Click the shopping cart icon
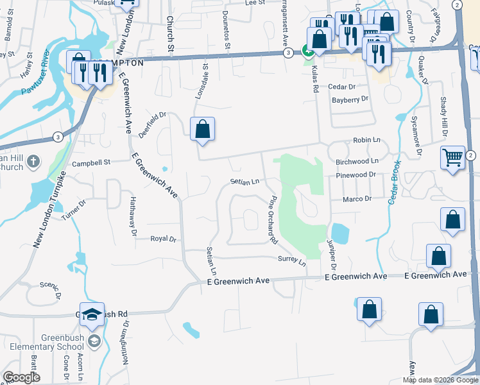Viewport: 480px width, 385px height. tap(452, 156)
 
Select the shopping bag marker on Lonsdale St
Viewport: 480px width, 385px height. tap(202, 128)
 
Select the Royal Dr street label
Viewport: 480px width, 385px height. tap(163, 239)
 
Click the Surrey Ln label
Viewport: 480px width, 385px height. tap(291, 261)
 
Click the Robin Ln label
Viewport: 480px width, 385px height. tap(366, 140)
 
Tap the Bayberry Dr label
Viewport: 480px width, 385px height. tap(350, 99)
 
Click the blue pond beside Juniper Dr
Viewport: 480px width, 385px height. tap(339, 234)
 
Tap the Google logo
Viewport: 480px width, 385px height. tap(21, 377)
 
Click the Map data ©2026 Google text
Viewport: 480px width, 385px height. tap(440, 380)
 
